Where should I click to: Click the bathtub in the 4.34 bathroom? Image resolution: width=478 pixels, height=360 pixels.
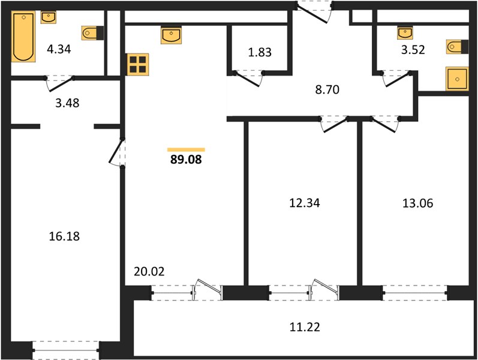coord(23,37)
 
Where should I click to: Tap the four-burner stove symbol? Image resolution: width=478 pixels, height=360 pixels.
coord(138,64)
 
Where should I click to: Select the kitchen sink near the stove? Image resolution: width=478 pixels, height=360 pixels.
coord(171,35)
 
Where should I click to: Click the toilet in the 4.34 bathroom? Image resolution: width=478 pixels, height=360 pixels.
coord(92,33)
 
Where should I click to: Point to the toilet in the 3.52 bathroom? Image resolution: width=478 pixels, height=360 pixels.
coord(457,47)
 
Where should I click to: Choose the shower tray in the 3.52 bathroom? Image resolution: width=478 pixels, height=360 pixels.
coord(457,79)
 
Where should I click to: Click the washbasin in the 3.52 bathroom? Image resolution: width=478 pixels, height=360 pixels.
coord(405,33)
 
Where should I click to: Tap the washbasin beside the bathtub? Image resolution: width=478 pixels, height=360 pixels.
coord(48,17)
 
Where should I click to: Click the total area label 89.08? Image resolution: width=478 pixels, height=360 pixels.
coord(186,160)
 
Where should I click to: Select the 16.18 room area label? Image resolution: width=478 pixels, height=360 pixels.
coord(64,236)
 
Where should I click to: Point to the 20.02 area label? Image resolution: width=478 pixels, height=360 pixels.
coord(149,271)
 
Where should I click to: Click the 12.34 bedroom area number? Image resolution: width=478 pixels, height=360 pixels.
coord(305,203)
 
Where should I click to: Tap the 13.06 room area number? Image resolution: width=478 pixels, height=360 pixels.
coord(417,203)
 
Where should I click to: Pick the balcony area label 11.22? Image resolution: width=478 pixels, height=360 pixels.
coord(305,327)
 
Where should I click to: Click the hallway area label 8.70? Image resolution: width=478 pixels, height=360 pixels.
coord(327,89)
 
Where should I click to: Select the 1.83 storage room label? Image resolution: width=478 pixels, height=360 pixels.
coord(260,52)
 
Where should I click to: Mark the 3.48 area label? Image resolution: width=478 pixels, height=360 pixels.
coord(67,103)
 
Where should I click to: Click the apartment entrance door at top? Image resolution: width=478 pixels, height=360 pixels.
coord(314,12)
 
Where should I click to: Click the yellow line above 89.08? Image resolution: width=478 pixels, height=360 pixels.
coord(186,149)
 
